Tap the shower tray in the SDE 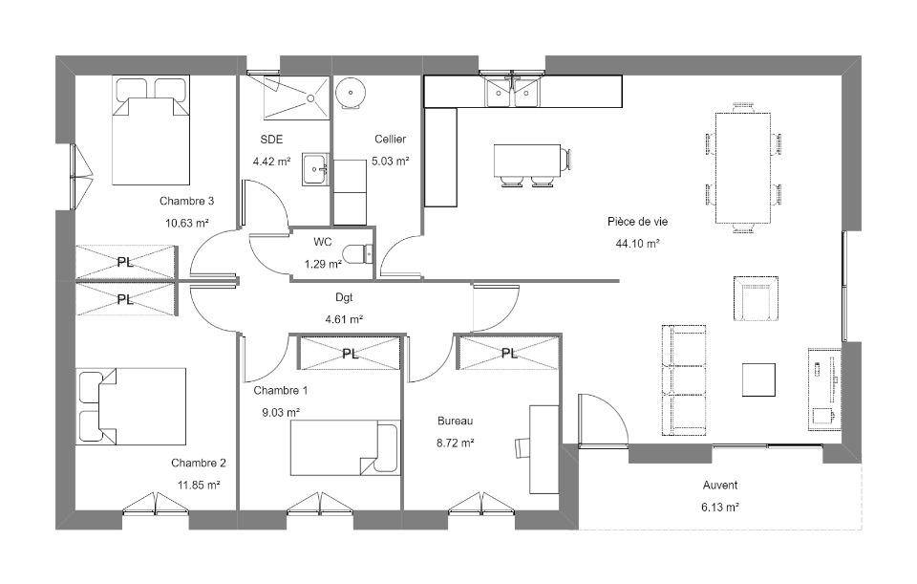pos(296,97)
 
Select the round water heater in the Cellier pos(351,92)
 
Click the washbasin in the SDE pos(316,170)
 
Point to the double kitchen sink pos(512,92)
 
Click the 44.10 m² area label pos(637,244)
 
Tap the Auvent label pos(720,486)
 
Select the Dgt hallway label pos(344,297)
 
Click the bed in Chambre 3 pos(151,130)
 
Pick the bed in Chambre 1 pos(345,447)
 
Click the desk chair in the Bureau pos(522,447)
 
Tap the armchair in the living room pos(756,298)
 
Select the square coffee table pos(759,379)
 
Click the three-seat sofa pos(684,380)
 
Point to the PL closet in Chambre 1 pos(351,353)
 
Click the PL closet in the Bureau pos(509,353)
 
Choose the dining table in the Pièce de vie pos(743,168)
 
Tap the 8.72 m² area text pos(455,443)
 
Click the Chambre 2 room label pos(199,463)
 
